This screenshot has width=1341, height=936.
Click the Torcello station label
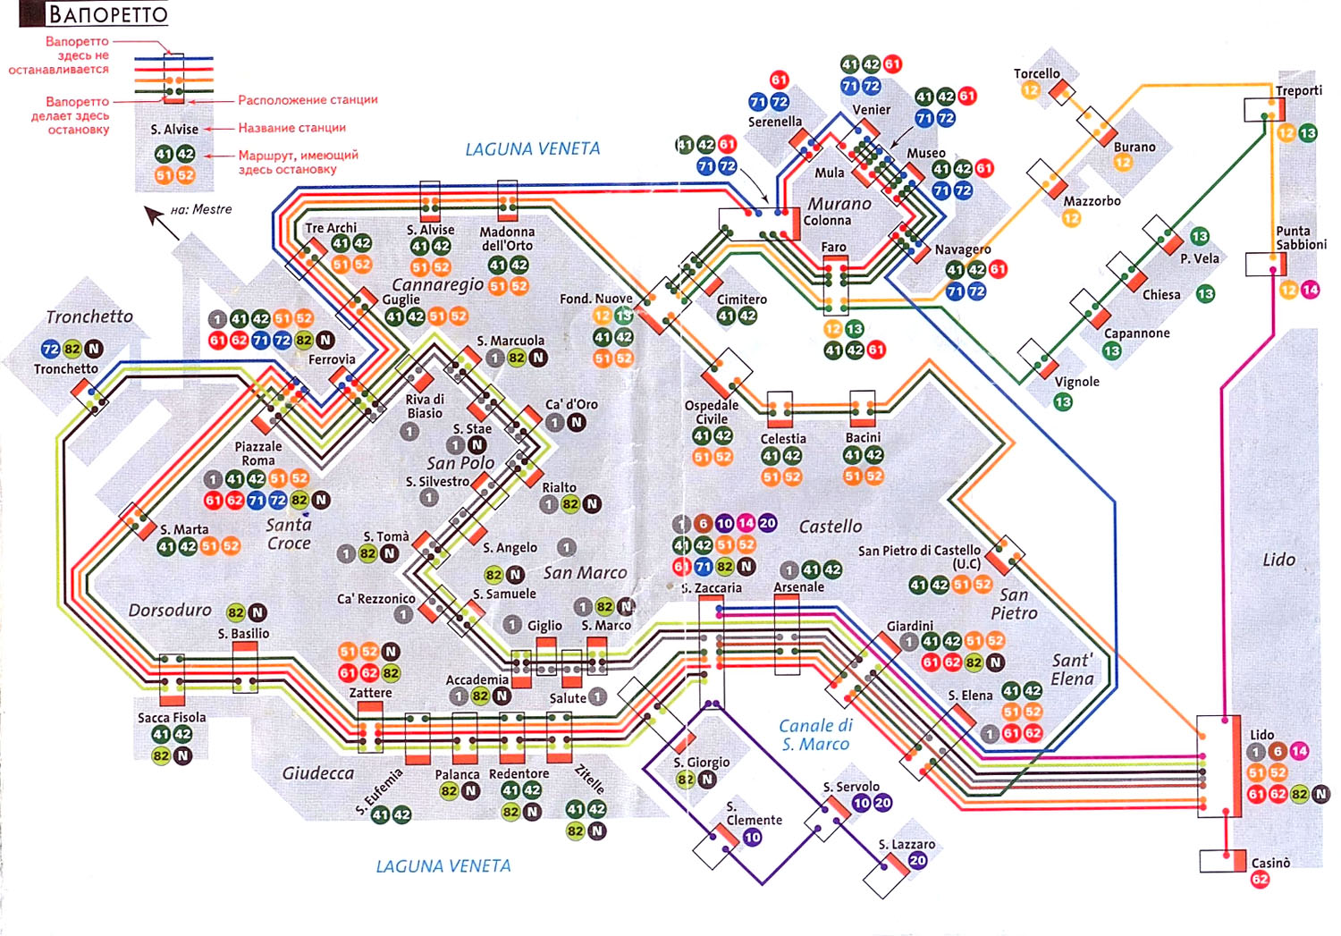[x=1036, y=73]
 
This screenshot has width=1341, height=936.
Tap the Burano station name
[x=1134, y=147]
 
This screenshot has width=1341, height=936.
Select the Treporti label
[x=1298, y=90]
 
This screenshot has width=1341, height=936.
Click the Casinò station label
[x=1270, y=863]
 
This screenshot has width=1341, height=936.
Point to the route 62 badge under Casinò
[x=1260, y=880]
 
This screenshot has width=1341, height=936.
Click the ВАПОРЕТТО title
[x=106, y=14]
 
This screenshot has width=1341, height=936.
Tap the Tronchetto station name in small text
[x=66, y=368]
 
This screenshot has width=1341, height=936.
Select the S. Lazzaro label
[x=907, y=844]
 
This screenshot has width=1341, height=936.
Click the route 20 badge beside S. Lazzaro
[x=917, y=860]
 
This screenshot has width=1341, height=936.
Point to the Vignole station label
[x=1076, y=382]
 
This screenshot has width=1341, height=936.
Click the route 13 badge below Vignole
[x=1063, y=402]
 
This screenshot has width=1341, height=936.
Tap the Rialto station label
[x=559, y=487]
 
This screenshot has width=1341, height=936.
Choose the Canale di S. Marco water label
[x=815, y=735]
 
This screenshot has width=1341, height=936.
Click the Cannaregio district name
[x=437, y=284]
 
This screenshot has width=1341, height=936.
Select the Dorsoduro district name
[x=170, y=610]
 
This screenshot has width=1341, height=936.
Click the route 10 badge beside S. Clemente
[x=752, y=838]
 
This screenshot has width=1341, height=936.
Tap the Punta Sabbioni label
[x=1301, y=237]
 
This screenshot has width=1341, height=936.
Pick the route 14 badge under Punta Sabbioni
[x=1310, y=290]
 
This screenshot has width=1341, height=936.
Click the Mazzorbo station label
[x=1092, y=201]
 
